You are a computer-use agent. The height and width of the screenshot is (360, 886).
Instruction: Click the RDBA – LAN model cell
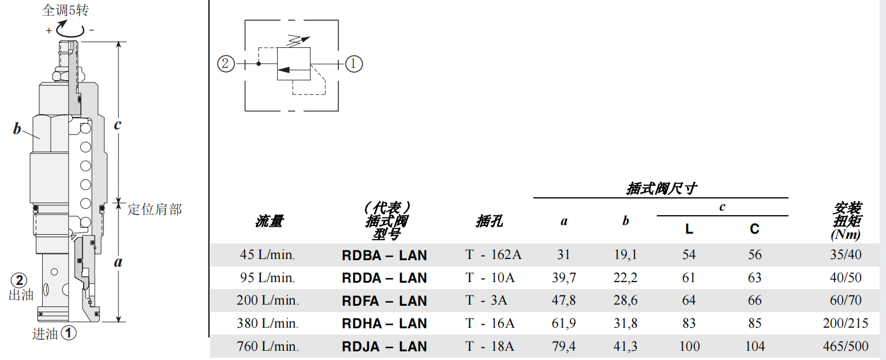tap(384, 255)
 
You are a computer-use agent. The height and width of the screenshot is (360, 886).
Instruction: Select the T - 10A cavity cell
tap(490, 278)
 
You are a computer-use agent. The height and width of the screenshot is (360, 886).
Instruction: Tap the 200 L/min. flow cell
tap(268, 301)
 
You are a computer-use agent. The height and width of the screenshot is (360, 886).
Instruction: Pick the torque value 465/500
tap(846, 347)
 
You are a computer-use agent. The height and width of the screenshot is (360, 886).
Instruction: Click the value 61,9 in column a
tap(564, 324)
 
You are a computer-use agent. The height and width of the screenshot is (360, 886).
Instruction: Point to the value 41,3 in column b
tap(625, 347)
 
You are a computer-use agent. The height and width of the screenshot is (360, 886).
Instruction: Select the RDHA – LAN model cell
tap(384, 324)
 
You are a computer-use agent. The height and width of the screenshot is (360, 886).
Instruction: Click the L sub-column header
tap(689, 229)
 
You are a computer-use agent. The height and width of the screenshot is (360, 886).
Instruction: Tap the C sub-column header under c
tap(754, 229)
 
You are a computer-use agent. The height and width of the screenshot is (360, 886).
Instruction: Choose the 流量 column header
tap(270, 221)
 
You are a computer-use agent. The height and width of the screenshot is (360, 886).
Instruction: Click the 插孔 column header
tap(489, 221)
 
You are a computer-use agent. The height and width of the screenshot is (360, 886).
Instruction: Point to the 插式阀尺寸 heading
tap(661, 189)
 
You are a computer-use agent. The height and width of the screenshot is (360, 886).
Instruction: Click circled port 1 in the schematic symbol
tap(354, 63)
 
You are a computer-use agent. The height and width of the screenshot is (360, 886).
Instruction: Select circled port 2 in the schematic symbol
tap(226, 63)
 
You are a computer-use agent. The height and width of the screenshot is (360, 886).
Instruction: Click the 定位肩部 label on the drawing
tap(154, 209)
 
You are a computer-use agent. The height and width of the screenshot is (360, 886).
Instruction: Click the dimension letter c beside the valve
tap(117, 124)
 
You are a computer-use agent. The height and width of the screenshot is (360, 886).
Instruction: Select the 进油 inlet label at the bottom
tap(45, 333)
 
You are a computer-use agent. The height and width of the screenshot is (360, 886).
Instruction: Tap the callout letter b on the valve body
tap(17, 129)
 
